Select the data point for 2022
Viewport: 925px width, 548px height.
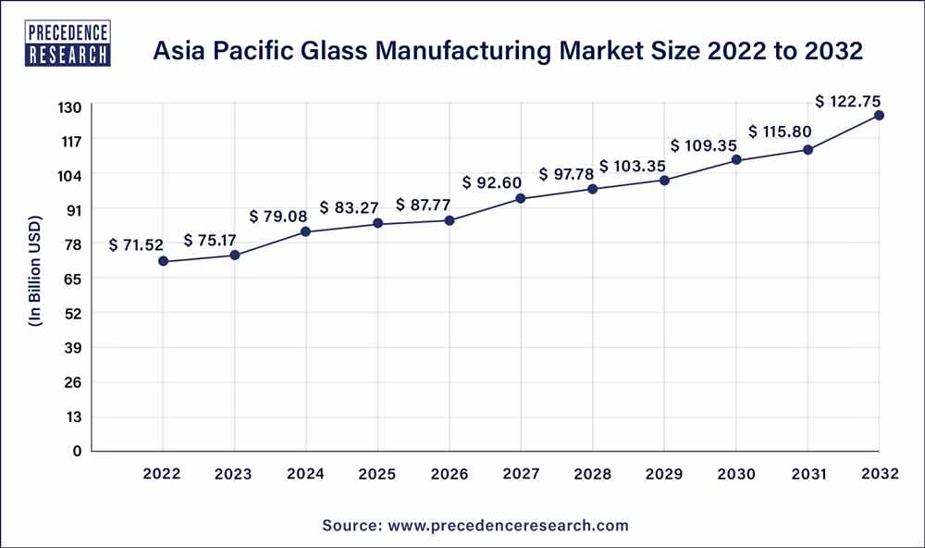[163, 261]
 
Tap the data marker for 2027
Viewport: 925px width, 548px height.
[521, 198]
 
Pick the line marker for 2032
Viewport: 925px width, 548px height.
[879, 115]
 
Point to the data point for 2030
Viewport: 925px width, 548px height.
[736, 160]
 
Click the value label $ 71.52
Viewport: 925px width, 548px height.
[136, 245]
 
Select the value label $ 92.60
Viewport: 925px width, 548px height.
[492, 182]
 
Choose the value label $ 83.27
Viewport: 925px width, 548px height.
[350, 206]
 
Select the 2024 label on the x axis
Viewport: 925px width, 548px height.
[306, 474]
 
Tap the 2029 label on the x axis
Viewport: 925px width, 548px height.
[664, 474]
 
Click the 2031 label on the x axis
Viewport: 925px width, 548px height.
[808, 474]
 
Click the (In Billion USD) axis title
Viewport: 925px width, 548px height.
[35, 279]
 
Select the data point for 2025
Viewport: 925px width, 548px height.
[377, 223]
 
